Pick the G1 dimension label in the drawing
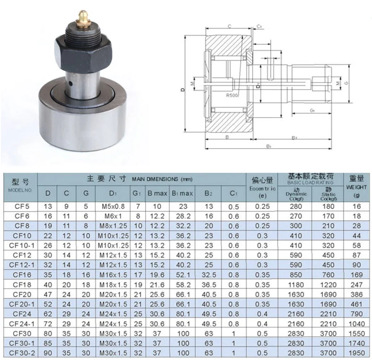click(313, 110)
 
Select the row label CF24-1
click(20, 324)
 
